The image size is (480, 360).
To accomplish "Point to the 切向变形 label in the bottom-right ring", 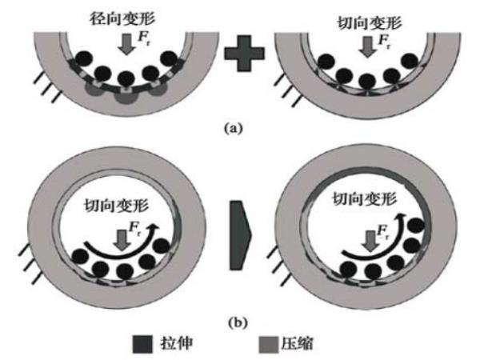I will [x=358, y=198].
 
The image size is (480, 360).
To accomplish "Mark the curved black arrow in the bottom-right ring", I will [x=364, y=246].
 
